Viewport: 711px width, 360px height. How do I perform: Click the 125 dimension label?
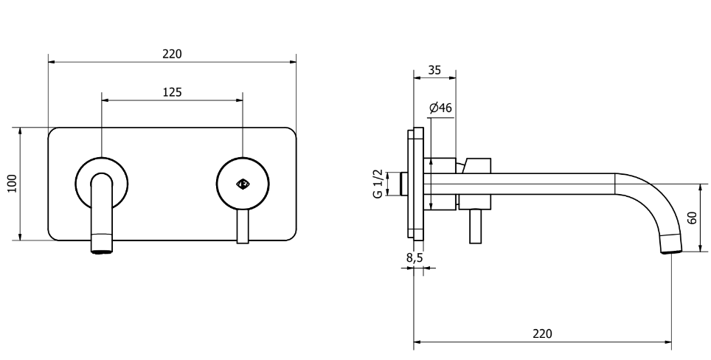point(172,92)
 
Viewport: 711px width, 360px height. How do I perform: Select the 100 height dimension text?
point(13,183)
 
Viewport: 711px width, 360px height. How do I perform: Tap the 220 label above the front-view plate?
point(172,54)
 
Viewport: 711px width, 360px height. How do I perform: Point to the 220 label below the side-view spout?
point(542,333)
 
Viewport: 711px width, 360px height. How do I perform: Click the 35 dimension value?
point(434,70)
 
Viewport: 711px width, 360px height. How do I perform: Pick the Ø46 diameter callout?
point(440,108)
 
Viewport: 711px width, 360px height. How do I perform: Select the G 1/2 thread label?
point(378,184)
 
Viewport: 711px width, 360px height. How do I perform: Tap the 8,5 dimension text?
point(414,257)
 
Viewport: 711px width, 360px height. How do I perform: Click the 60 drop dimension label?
point(692,218)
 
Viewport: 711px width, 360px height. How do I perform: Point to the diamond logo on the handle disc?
point(243,184)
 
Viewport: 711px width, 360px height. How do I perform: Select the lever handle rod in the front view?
point(243,226)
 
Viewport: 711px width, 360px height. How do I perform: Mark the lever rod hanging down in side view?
point(475,226)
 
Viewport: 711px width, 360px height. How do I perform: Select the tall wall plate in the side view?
point(416,184)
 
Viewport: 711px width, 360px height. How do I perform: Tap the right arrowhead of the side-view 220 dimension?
point(668,342)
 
